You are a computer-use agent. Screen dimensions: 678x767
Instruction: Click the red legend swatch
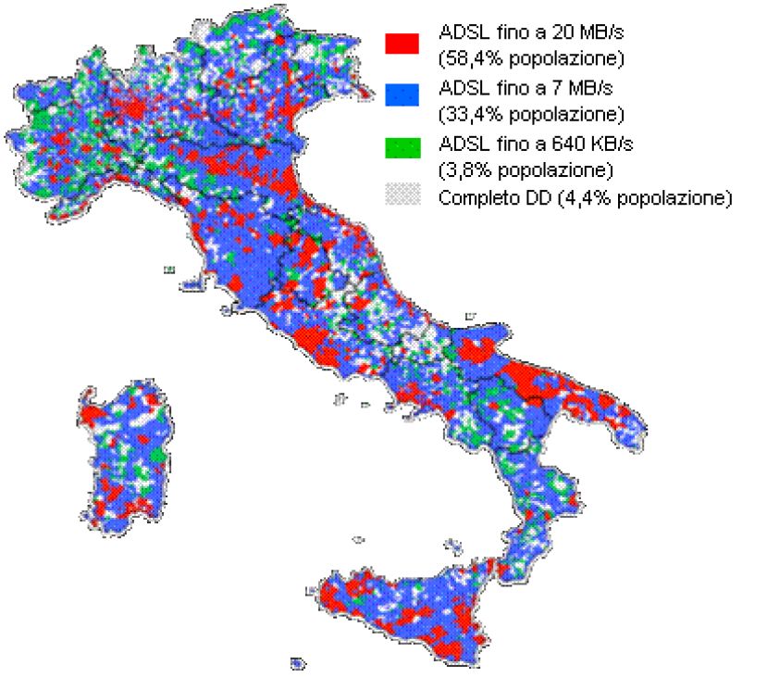click(x=402, y=43)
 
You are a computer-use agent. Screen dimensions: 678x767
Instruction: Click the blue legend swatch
click(x=402, y=94)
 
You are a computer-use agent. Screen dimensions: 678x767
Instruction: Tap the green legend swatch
click(x=402, y=146)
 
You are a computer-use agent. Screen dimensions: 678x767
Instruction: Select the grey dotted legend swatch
click(x=402, y=195)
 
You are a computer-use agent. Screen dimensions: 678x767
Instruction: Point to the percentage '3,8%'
click(x=464, y=170)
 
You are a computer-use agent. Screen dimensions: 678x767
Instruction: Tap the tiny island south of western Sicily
click(x=297, y=663)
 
